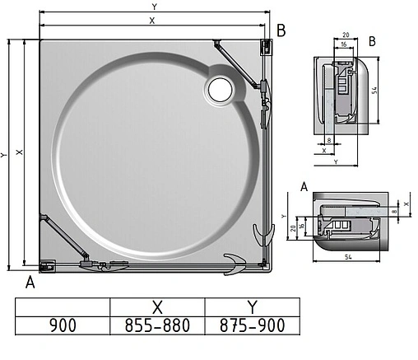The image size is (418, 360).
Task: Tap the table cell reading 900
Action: pyautogui.click(x=63, y=325)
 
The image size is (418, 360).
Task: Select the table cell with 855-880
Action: pyautogui.click(x=157, y=325)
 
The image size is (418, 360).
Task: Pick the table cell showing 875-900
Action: pyautogui.click(x=251, y=325)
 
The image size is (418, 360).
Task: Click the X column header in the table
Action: pyautogui.click(x=157, y=306)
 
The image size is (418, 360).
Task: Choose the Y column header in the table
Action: pyautogui.click(x=251, y=306)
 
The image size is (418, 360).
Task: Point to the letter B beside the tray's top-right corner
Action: pyautogui.click(x=281, y=31)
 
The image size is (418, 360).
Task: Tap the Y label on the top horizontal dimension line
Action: pyautogui.click(x=154, y=7)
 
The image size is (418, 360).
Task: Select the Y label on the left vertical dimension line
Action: pyautogui.click(x=6, y=154)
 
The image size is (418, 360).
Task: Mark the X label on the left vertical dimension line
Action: pyautogui.click(x=19, y=154)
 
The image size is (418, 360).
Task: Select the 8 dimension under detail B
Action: pyautogui.click(x=329, y=141)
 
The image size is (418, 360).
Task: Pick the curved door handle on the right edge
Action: pyautogui.click(x=262, y=234)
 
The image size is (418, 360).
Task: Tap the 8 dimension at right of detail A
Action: pyautogui.click(x=394, y=211)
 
